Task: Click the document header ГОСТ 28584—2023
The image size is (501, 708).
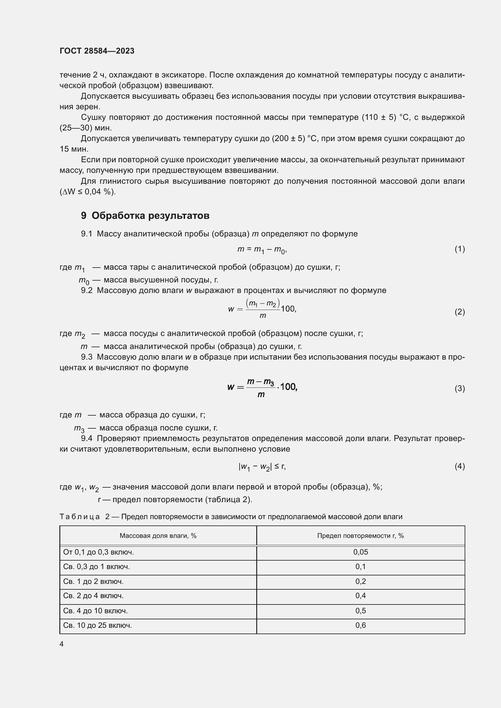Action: pyautogui.click(x=97, y=51)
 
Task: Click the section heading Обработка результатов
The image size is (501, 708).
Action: pyautogui.click(x=151, y=216)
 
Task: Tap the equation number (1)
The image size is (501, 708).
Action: pyautogui.click(x=460, y=249)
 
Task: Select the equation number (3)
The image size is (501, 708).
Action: pyautogui.click(x=460, y=388)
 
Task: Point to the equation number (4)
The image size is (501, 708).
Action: pyautogui.click(x=460, y=466)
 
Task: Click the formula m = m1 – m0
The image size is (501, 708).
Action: pyautogui.click(x=262, y=249)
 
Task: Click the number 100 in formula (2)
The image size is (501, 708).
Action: pyautogui.click(x=288, y=309)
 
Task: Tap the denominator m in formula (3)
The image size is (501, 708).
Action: pyautogui.click(x=261, y=394)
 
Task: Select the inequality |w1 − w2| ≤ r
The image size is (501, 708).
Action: pyautogui.click(x=262, y=467)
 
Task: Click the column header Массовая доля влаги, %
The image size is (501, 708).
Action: pyautogui.click(x=158, y=536)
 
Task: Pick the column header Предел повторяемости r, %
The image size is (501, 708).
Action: pyautogui.click(x=360, y=536)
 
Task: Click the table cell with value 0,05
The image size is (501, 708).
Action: pyautogui.click(x=360, y=552)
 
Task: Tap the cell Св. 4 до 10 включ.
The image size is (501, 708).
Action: pyautogui.click(x=95, y=611)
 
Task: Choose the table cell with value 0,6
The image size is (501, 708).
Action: pyautogui.click(x=360, y=625)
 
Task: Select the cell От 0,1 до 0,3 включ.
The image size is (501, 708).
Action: pyautogui.click(x=98, y=552)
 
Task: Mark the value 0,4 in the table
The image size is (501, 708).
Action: pyautogui.click(x=360, y=595)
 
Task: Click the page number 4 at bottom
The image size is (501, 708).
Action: pyautogui.click(x=61, y=644)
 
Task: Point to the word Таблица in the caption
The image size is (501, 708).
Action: pyautogui.click(x=80, y=516)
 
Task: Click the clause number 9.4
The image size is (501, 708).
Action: pyautogui.click(x=87, y=439)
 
